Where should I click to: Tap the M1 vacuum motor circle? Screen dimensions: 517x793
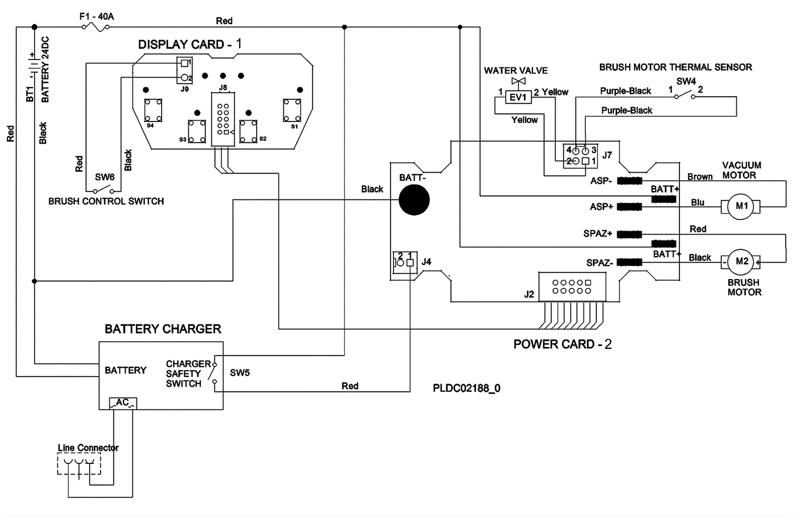(741, 206)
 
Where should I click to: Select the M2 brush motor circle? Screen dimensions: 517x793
(741, 261)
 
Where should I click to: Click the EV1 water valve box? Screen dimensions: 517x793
(518, 98)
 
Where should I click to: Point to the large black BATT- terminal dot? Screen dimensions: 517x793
(414, 200)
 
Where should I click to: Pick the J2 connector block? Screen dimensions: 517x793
(571, 287)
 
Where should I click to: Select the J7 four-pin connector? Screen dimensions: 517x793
(580, 155)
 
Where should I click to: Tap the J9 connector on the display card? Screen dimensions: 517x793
(184, 70)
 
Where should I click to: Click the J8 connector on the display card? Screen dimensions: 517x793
(223, 119)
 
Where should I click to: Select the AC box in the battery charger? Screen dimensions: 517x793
(122, 403)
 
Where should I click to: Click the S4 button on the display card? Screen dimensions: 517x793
(153, 110)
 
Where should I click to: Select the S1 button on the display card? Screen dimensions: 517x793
(292, 110)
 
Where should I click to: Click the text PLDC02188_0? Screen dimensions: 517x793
(466, 388)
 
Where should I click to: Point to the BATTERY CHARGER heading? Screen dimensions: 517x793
(163, 329)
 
